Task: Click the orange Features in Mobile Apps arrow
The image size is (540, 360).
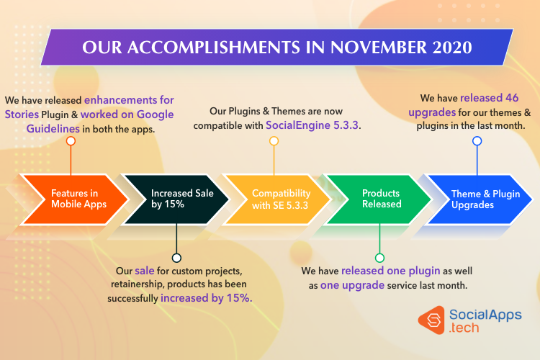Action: tap(74, 199)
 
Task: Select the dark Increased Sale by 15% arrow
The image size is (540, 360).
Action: tap(176, 199)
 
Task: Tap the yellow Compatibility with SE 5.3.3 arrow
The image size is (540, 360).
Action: tap(276, 199)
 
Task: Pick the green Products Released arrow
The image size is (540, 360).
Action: tap(378, 199)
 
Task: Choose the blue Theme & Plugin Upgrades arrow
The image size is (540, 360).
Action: tap(479, 199)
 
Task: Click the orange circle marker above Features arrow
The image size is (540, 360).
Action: tap(71, 141)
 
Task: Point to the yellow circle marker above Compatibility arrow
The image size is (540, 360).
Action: tap(274, 141)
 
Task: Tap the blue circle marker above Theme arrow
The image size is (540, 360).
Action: tap(477, 141)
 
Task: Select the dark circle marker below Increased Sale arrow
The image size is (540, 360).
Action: tap(176, 258)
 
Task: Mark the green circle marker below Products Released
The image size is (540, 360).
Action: tap(379, 258)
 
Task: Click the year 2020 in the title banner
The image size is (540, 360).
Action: tap(452, 48)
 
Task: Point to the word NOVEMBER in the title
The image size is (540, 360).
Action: tap(379, 48)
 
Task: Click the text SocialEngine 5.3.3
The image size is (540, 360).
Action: tap(312, 125)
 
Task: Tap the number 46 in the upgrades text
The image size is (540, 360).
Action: tap(512, 98)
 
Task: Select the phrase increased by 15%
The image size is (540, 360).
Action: tap(206, 298)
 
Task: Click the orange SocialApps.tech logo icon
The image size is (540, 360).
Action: tap(432, 320)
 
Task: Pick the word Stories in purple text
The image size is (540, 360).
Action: tap(22, 114)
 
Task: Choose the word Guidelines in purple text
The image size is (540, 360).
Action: tap(53, 129)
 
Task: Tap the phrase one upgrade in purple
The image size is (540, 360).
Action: tap(352, 285)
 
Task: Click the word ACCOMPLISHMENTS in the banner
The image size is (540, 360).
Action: tap(214, 48)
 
